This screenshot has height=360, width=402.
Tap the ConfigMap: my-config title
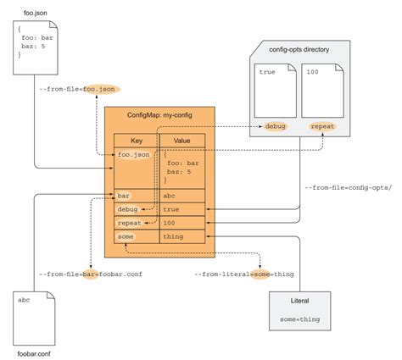point(159,114)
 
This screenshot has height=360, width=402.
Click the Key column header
point(136,141)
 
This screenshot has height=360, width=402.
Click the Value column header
point(181,141)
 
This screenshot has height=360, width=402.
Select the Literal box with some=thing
point(299,311)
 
